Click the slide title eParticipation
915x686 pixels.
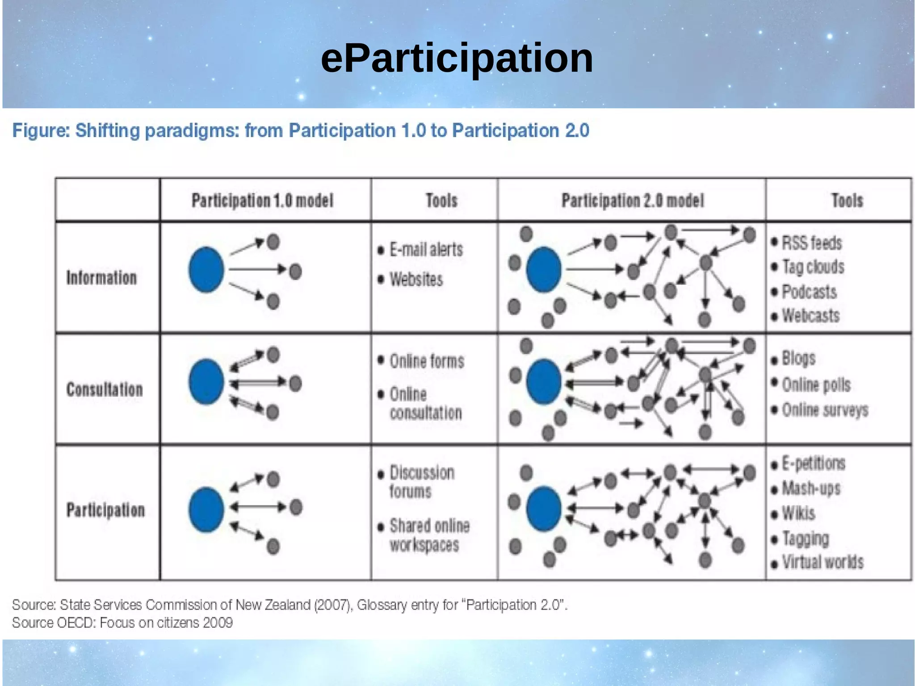[457, 58]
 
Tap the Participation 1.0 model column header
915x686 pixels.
[263, 201]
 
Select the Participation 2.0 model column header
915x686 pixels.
[632, 201]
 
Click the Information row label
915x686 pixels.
[101, 278]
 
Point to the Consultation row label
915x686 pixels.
[105, 390]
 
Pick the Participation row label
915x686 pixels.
[106, 510]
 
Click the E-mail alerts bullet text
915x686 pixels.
[426, 249]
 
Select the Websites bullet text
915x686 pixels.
[416, 280]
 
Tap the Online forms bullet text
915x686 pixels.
[427, 361]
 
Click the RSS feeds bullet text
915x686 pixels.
[812, 243]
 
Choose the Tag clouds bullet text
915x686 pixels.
[813, 267]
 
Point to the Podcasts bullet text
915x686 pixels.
[809, 292]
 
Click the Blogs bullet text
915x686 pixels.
[798, 358]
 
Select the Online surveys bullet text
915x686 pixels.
[825, 410]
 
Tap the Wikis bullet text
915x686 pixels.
[798, 513]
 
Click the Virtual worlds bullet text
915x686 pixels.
[823, 562]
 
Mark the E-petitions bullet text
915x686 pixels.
[813, 464]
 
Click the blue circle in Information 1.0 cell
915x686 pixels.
[206, 269]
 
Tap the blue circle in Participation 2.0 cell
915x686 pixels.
[543, 509]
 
